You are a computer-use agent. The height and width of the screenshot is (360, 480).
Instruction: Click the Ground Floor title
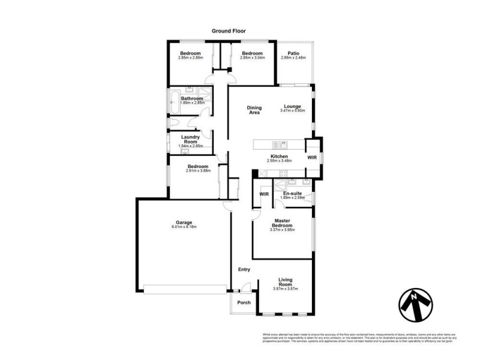229,31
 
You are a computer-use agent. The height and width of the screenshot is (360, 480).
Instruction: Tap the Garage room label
184,221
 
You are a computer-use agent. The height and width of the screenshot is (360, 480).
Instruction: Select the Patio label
293,53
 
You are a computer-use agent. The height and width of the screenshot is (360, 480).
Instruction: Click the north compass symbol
415,305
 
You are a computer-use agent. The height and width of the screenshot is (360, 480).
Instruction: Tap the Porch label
244,302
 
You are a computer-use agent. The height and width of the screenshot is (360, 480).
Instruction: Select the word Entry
244,269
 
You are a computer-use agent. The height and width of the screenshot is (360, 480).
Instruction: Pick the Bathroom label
192,98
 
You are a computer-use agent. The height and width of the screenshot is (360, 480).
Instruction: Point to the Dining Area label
254,110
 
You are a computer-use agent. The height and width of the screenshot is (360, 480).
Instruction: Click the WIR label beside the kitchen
312,157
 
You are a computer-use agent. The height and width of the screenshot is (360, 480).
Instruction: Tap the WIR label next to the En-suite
264,194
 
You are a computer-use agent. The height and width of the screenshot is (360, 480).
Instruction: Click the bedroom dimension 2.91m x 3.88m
197,171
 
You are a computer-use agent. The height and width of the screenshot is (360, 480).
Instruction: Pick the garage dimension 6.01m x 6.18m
184,227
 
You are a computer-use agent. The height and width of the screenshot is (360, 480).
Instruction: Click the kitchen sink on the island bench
280,144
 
